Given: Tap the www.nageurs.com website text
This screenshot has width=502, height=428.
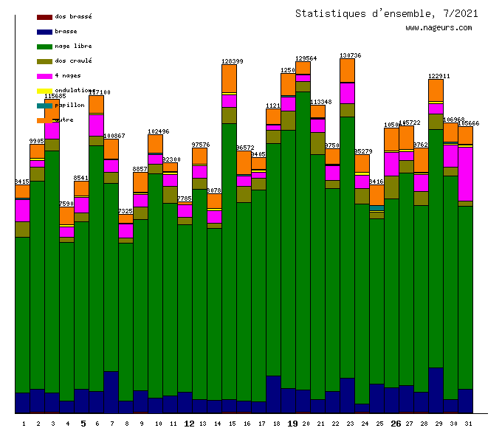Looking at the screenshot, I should pyautogui.click(x=438, y=28).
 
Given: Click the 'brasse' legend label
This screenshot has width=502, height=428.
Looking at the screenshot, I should pyautogui.click(x=66, y=31).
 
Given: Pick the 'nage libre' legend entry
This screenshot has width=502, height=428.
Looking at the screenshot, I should pyautogui.click(x=72, y=46).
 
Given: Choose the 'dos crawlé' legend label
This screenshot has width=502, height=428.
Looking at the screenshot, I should pyautogui.click(x=72, y=61).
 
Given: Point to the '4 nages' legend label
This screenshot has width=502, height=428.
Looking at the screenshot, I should pyautogui.click(x=68, y=75).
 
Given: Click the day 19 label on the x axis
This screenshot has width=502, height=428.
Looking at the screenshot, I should pyautogui.click(x=292, y=424).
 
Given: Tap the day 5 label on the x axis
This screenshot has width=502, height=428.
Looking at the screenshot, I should pyautogui.click(x=83, y=424).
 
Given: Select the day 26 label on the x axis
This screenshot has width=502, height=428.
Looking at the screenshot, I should pyautogui.click(x=396, y=424).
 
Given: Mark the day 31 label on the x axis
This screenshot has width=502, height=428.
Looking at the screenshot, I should pyautogui.click(x=465, y=424).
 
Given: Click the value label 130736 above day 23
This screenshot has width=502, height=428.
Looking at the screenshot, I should pyautogui.click(x=350, y=55).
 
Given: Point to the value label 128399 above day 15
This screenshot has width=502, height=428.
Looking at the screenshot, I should pyautogui.click(x=233, y=61).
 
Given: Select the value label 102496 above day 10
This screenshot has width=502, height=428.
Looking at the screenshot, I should pyautogui.click(x=158, y=131).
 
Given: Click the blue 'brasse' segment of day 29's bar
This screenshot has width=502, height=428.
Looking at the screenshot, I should pyautogui.click(x=436, y=389).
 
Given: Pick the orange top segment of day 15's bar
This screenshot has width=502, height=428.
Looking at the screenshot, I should pyautogui.click(x=229, y=78).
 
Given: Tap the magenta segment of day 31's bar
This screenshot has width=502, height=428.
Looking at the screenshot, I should pyautogui.click(x=465, y=173).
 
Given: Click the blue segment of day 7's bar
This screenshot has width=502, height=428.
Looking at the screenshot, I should pyautogui.click(x=111, y=391).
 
